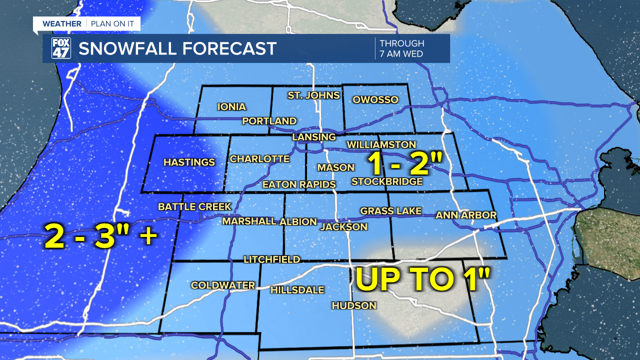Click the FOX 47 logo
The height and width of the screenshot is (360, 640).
61,48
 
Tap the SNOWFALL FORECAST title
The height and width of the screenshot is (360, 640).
177,48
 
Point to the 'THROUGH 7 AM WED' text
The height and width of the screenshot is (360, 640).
402,48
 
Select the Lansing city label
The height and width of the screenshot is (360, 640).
314,137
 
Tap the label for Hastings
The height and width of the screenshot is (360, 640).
189,162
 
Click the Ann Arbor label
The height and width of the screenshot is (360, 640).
465,215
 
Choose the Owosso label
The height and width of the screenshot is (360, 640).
375,100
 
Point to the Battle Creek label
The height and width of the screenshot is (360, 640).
194,206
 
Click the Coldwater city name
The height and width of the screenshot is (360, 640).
223,285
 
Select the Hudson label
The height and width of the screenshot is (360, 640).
353,305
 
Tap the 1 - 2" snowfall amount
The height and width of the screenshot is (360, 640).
405,164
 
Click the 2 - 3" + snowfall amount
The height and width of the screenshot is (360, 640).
100,236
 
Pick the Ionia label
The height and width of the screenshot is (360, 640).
231,106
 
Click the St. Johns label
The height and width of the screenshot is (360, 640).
313,95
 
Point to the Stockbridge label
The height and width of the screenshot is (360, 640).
387,181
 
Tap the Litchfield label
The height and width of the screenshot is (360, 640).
271,259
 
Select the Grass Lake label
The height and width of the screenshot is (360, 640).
390,211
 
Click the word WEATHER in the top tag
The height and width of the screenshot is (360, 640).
61,23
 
